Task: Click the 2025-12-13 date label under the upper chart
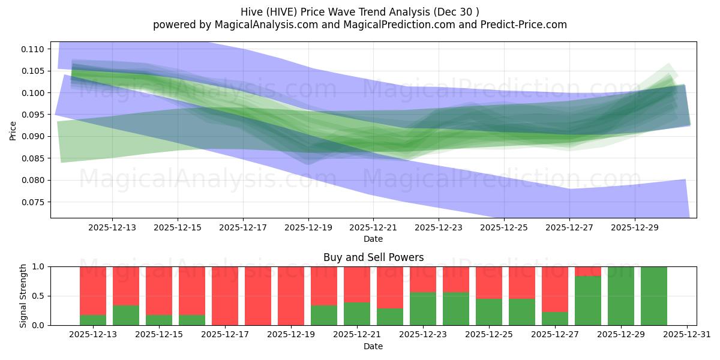click(x=112, y=228)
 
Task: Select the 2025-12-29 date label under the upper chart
click(x=636, y=228)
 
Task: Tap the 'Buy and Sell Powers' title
click(x=373, y=257)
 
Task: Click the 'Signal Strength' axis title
click(x=23, y=296)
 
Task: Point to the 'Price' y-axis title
click(x=13, y=130)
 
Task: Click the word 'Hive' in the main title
click(x=252, y=12)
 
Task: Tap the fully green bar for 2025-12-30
click(x=654, y=296)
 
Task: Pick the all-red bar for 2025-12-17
click(x=225, y=296)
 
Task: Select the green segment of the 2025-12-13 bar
click(x=93, y=320)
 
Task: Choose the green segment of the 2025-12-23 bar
click(x=423, y=308)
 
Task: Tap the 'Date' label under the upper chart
click(x=373, y=239)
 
